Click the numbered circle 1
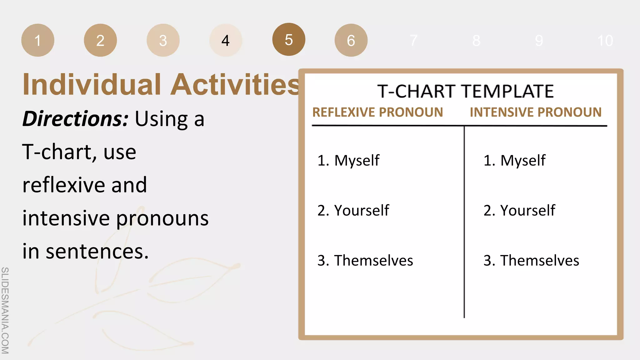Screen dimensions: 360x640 tap(38, 40)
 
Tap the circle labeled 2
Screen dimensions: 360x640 tap(100, 40)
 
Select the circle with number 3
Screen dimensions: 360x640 tap(163, 40)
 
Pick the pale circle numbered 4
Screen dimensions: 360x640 tap(226, 40)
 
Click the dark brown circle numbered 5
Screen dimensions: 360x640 tap(289, 39)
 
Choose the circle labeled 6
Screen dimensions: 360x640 tap(351, 40)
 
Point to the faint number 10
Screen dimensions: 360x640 tap(605, 41)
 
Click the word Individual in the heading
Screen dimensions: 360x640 tap(92, 85)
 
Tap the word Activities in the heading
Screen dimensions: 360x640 tap(235, 85)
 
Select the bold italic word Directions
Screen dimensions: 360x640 tap(75, 119)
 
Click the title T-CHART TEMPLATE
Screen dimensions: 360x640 tap(465, 91)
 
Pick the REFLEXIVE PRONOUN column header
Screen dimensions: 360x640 tap(377, 112)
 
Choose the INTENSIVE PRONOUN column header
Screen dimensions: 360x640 tap(535, 112)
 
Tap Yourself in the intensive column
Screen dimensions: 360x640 tap(527, 210)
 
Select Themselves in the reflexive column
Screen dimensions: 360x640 tap(373, 260)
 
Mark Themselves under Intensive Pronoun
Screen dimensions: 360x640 tap(539, 260)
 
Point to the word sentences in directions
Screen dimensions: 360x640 tap(97, 252)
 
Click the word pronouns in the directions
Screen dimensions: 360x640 tap(162, 218)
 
